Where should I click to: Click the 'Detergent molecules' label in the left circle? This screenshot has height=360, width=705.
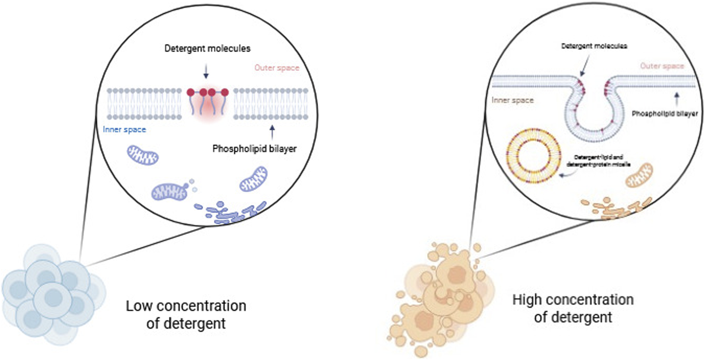[x=207, y=49]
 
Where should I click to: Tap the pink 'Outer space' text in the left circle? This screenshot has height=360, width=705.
[x=277, y=68]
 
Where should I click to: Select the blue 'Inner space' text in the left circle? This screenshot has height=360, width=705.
[x=125, y=129]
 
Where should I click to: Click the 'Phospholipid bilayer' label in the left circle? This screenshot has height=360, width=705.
[x=254, y=149]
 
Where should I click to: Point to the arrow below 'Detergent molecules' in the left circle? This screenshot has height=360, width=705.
[x=206, y=71]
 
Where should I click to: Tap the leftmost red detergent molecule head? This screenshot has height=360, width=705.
[x=191, y=92]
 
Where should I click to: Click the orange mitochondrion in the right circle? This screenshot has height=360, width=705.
[x=639, y=175]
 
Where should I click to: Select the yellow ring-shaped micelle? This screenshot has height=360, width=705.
[x=534, y=156]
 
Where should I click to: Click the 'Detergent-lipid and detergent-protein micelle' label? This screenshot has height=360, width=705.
[x=598, y=161]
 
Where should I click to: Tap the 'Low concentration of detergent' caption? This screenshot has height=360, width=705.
[x=186, y=314]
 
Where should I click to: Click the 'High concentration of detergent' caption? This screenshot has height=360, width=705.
[x=573, y=308]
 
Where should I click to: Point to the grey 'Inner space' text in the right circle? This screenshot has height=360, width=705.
[x=512, y=100]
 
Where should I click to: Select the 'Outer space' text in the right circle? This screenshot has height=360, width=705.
[x=662, y=66]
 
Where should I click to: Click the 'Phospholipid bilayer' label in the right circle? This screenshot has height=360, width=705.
[x=664, y=114]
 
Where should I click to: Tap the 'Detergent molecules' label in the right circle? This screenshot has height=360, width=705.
[x=594, y=46]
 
